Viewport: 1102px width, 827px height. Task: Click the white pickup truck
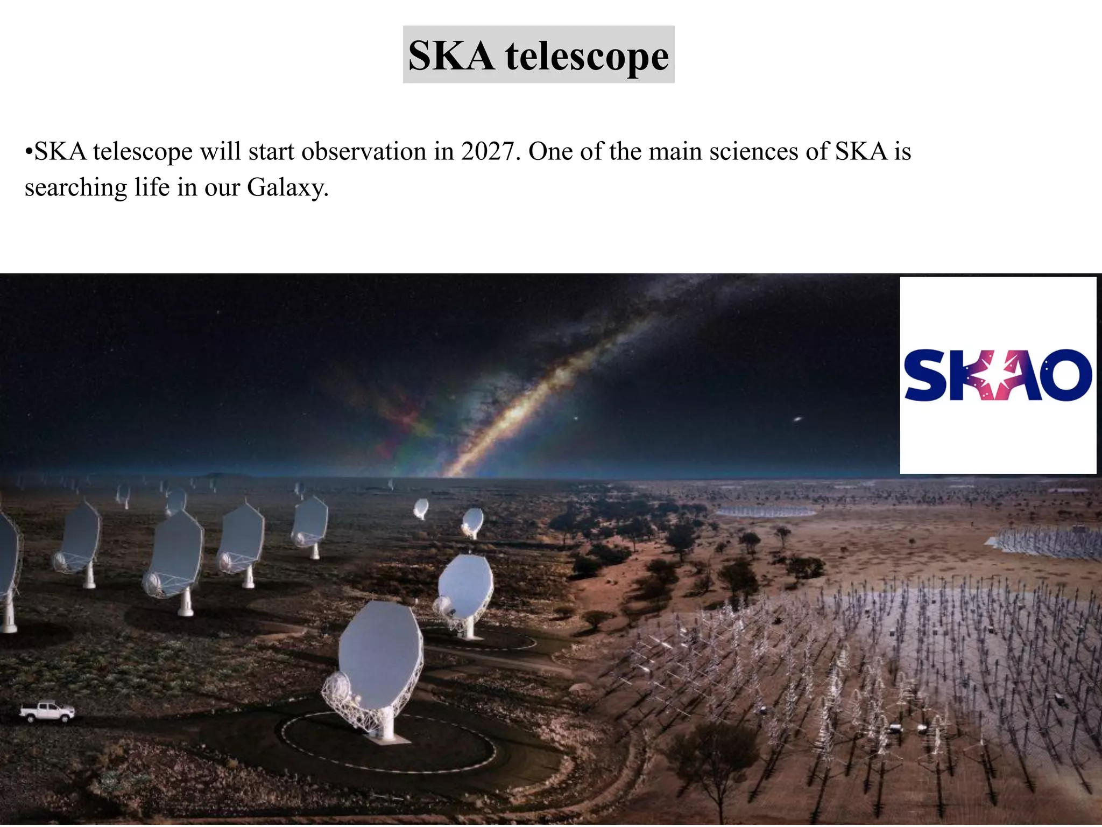[x=47, y=711]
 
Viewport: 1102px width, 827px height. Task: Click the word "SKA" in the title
[x=451, y=56]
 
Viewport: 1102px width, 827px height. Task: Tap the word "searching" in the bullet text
[x=75, y=188]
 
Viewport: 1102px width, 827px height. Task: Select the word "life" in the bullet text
[x=152, y=187]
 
